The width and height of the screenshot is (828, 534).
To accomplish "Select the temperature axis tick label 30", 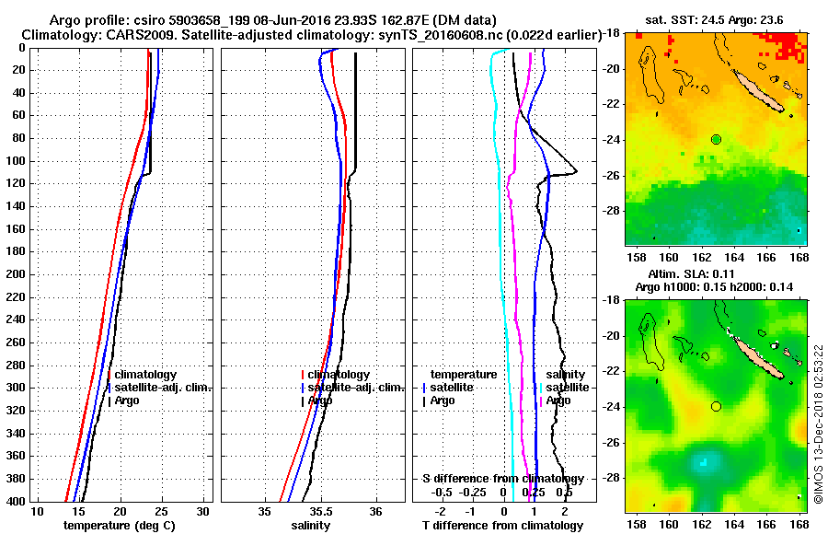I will tap(203, 512).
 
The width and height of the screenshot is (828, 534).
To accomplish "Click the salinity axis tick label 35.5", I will tap(319, 512).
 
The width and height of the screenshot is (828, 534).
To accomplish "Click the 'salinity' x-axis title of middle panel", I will tap(311, 526).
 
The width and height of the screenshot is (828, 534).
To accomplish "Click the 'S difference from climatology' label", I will tap(502, 479).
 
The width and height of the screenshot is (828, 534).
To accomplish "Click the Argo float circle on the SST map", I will tap(716, 139).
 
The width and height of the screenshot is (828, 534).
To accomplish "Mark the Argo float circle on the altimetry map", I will tap(716, 406).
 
